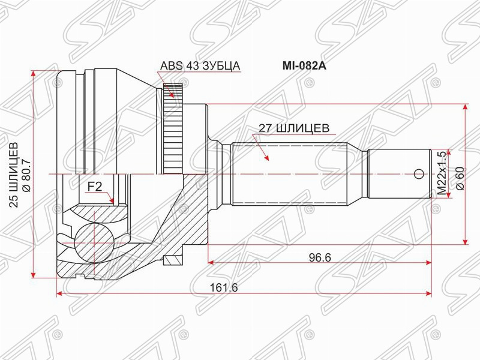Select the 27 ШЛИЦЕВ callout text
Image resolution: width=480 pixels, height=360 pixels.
[x=294, y=128]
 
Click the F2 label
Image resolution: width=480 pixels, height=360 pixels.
[x=95, y=187]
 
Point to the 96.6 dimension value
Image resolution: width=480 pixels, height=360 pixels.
[x=319, y=257]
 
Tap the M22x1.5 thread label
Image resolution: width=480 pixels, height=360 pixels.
[x=441, y=173]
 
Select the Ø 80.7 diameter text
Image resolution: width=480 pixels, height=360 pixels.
[x=26, y=176]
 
